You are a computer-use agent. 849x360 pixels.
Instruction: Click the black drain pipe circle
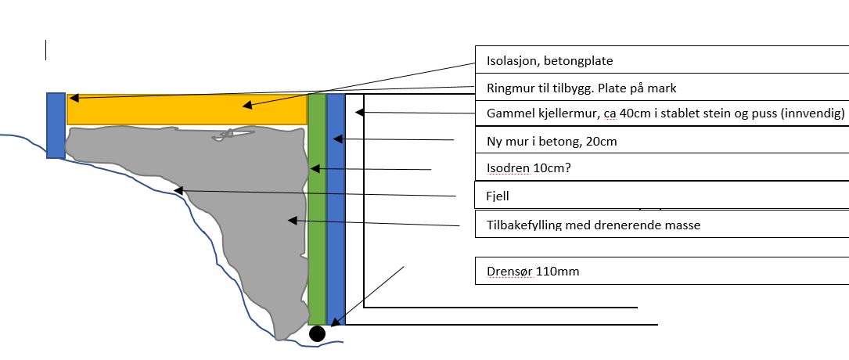317,334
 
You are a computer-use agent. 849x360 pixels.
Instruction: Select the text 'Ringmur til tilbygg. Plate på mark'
576,88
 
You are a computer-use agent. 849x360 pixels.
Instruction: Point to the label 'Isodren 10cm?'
524,168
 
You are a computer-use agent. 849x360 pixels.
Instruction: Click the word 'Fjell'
498,196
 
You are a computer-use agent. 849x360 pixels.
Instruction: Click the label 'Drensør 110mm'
532,272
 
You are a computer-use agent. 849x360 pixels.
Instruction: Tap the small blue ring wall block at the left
56,125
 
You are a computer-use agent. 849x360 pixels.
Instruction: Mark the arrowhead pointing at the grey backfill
292,221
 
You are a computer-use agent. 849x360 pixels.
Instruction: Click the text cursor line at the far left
45,50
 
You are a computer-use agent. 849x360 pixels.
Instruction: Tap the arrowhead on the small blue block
72,98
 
